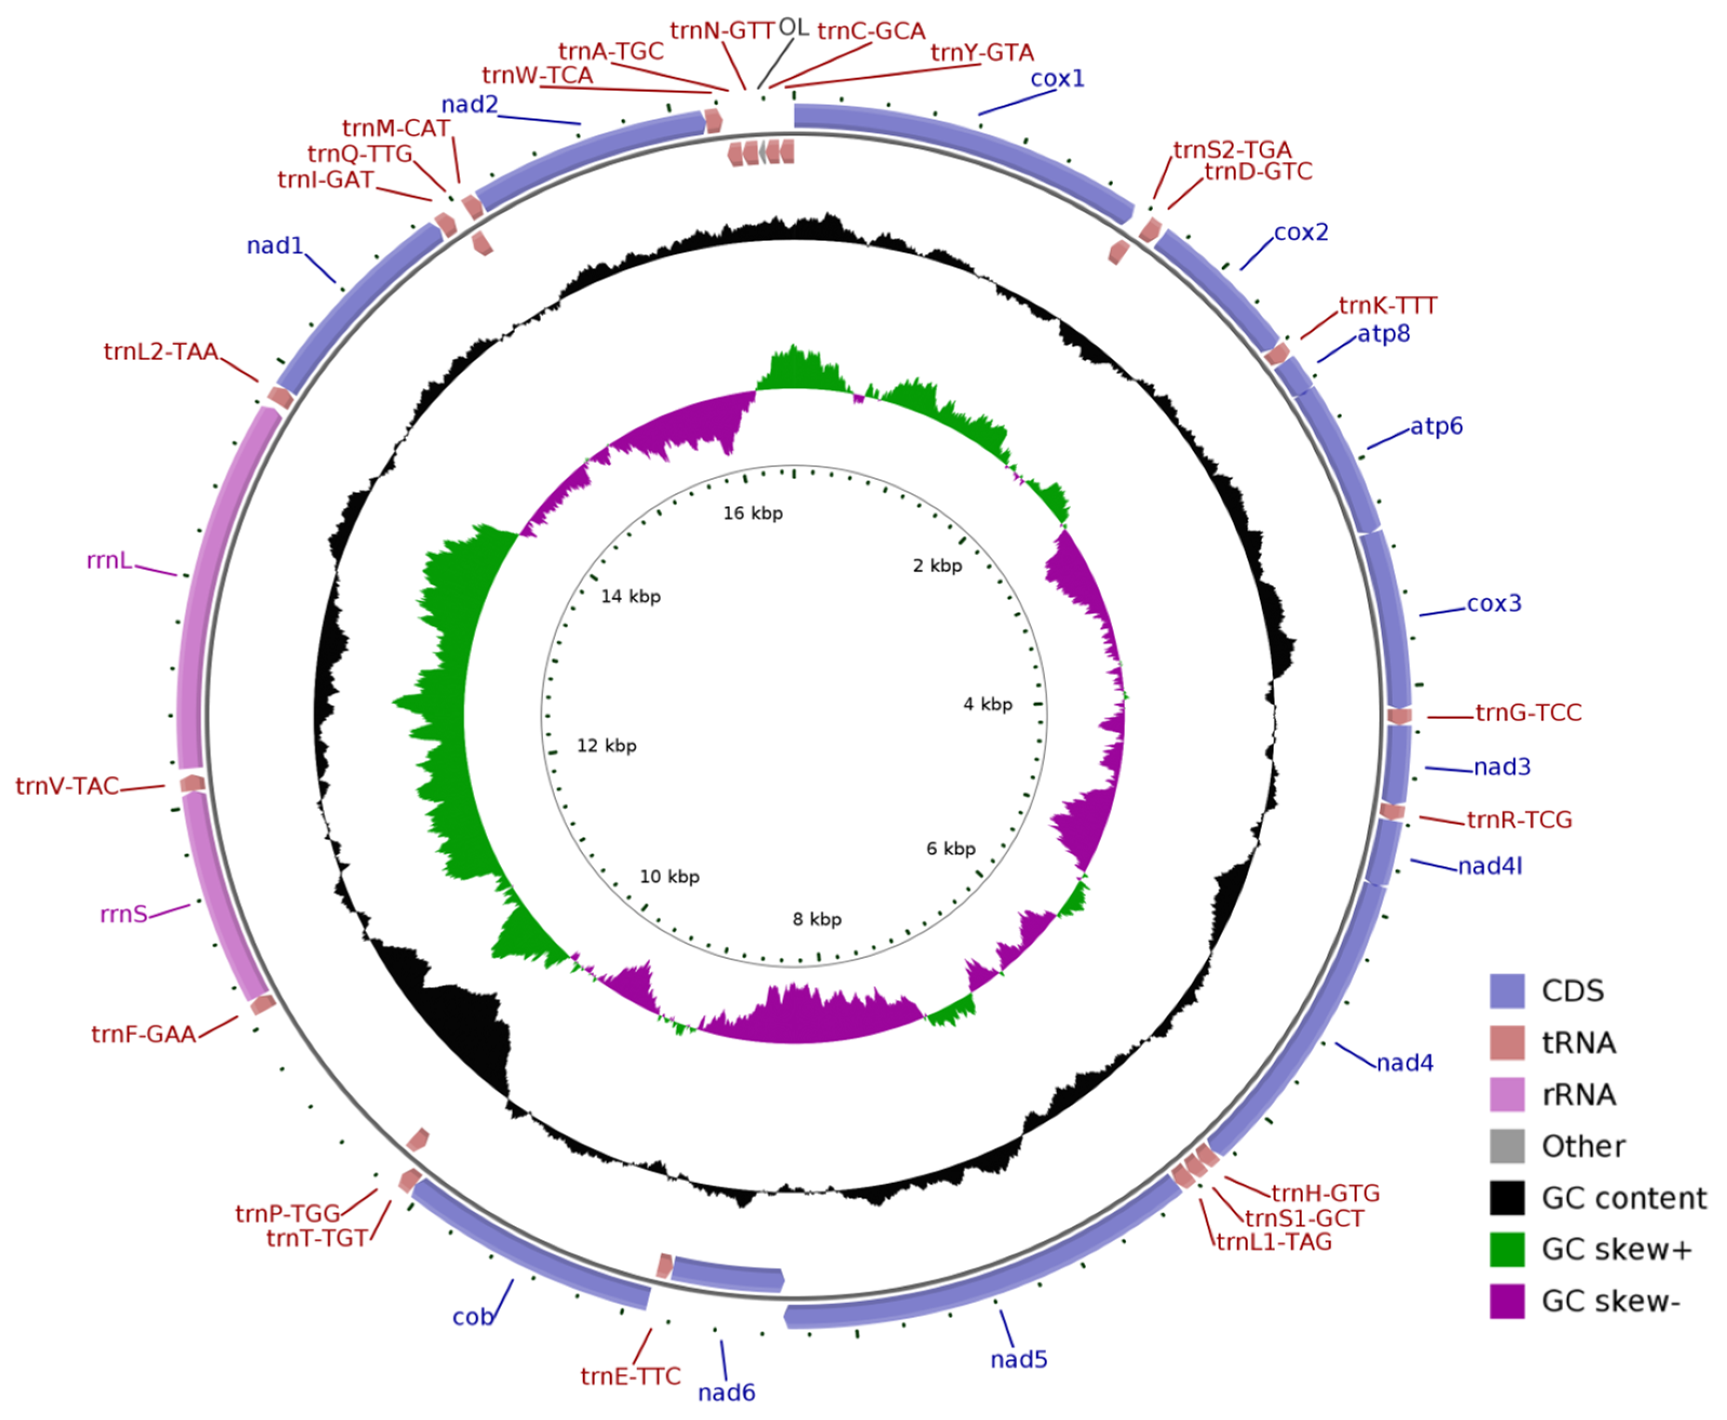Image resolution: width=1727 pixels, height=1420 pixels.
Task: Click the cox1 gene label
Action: tap(1056, 78)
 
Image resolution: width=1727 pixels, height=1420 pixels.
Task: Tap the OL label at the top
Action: tap(793, 28)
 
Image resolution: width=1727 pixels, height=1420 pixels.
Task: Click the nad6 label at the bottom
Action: tap(725, 1392)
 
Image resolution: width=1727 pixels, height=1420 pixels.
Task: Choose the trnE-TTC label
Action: tap(630, 1377)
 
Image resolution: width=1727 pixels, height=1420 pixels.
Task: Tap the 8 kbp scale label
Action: tap(816, 919)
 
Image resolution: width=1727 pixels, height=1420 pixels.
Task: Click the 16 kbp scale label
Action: tap(752, 514)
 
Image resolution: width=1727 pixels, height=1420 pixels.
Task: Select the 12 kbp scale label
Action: tap(606, 746)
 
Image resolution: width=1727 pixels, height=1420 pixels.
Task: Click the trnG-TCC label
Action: tap(1528, 712)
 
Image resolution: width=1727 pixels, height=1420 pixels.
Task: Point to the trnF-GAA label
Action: tap(143, 1035)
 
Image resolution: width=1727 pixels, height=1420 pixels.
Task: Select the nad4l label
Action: tap(1489, 866)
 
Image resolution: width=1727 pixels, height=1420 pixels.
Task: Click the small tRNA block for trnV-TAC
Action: tap(192, 784)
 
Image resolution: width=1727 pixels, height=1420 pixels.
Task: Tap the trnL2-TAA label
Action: tap(161, 352)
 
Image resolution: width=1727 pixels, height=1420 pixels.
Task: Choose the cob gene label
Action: tap(473, 1317)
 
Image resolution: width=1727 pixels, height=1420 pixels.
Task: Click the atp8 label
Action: tap(1383, 334)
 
